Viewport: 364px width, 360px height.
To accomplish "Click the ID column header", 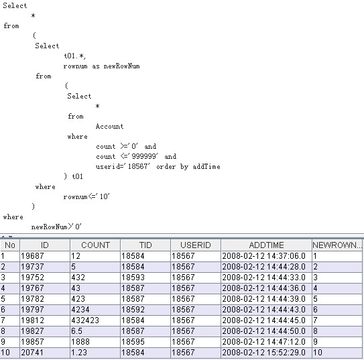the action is click(45, 245).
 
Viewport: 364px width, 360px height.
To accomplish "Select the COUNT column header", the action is click(95, 245).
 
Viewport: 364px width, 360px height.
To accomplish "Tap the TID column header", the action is click(145, 245).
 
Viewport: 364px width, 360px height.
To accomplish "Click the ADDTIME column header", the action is click(267, 245).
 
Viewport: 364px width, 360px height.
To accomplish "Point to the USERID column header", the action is click(196, 245).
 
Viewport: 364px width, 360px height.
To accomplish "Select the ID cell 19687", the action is click(32, 256).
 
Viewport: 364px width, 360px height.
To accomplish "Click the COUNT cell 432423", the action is click(85, 320).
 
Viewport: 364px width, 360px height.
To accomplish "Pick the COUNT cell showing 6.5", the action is click(76, 331).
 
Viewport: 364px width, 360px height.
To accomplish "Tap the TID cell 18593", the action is click(133, 278).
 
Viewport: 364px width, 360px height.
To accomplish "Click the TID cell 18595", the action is click(133, 342).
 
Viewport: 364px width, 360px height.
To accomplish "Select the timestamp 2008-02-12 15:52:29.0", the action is click(263, 353).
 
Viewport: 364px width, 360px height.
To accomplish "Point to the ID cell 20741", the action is click(32, 353).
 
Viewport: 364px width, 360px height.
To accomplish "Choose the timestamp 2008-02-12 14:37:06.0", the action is click(263, 256).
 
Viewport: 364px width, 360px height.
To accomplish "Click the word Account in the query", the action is click(109, 127).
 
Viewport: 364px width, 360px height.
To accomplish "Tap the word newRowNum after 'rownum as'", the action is click(121, 66).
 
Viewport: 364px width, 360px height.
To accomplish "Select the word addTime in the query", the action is click(206, 167).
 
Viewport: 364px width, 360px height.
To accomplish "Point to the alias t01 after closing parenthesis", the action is click(77, 176).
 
